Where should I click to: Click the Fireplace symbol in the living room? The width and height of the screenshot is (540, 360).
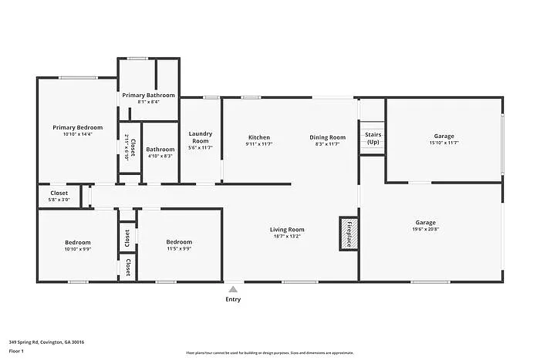tap(349, 234)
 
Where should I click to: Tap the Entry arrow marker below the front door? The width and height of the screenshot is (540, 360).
tap(233, 288)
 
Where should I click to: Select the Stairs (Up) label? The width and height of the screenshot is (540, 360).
tap(373, 138)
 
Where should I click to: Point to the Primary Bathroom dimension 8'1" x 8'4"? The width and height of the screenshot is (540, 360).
tap(148, 102)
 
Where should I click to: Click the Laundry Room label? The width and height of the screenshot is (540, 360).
tap(201, 137)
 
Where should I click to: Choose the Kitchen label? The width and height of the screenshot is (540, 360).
tap(258, 137)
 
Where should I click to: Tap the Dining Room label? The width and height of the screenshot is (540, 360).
tap(327, 137)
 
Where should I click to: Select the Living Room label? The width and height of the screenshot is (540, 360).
tap(287, 230)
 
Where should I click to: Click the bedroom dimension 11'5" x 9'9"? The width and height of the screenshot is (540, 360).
tap(179, 249)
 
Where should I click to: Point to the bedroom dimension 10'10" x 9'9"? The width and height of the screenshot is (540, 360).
tap(77, 249)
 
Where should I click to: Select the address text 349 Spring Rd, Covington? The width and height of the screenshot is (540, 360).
tap(46, 341)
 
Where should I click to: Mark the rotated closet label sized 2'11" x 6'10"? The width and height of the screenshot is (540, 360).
tap(129, 146)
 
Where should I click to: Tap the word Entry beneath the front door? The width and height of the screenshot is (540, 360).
tap(233, 299)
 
